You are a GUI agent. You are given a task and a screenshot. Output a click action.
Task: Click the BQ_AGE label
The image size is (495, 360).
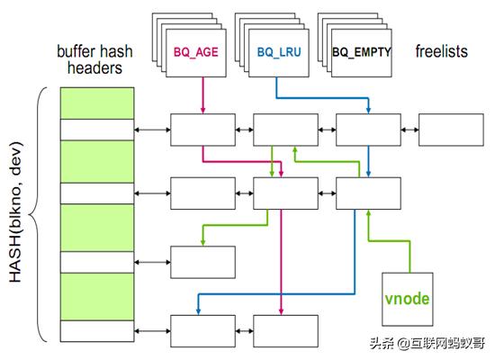coord(196,52)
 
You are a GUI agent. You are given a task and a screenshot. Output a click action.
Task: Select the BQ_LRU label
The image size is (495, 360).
coord(279,52)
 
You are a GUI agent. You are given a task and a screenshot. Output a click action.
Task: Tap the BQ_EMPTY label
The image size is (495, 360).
coord(362,52)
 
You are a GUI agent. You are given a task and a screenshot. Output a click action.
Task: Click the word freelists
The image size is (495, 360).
coord(441,51)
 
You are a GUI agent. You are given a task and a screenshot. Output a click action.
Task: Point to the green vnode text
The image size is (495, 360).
coord(408,298)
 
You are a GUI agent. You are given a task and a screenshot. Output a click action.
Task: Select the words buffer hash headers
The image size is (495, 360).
coord(96,59)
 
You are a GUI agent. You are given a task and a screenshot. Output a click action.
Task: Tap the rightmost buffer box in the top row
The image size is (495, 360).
coord(450,130)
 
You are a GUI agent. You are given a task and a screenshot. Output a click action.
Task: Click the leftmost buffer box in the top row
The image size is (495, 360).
coord(202,130)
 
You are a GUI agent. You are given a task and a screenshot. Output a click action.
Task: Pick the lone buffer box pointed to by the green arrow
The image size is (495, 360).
coord(202,261)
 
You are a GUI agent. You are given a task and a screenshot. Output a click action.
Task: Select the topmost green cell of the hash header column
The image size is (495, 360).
coord(96,103)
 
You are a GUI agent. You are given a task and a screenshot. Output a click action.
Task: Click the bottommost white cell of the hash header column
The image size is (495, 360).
coord(96,330)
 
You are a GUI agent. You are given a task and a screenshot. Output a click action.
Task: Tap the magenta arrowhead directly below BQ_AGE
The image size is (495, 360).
coord(202,111)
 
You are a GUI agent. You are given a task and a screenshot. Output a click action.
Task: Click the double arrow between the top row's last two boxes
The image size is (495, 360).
coord(409,130)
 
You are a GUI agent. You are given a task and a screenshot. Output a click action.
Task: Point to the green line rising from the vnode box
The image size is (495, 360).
coord(409,256)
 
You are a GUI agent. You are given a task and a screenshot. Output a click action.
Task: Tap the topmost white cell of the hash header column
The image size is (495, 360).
coord(96,130)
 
